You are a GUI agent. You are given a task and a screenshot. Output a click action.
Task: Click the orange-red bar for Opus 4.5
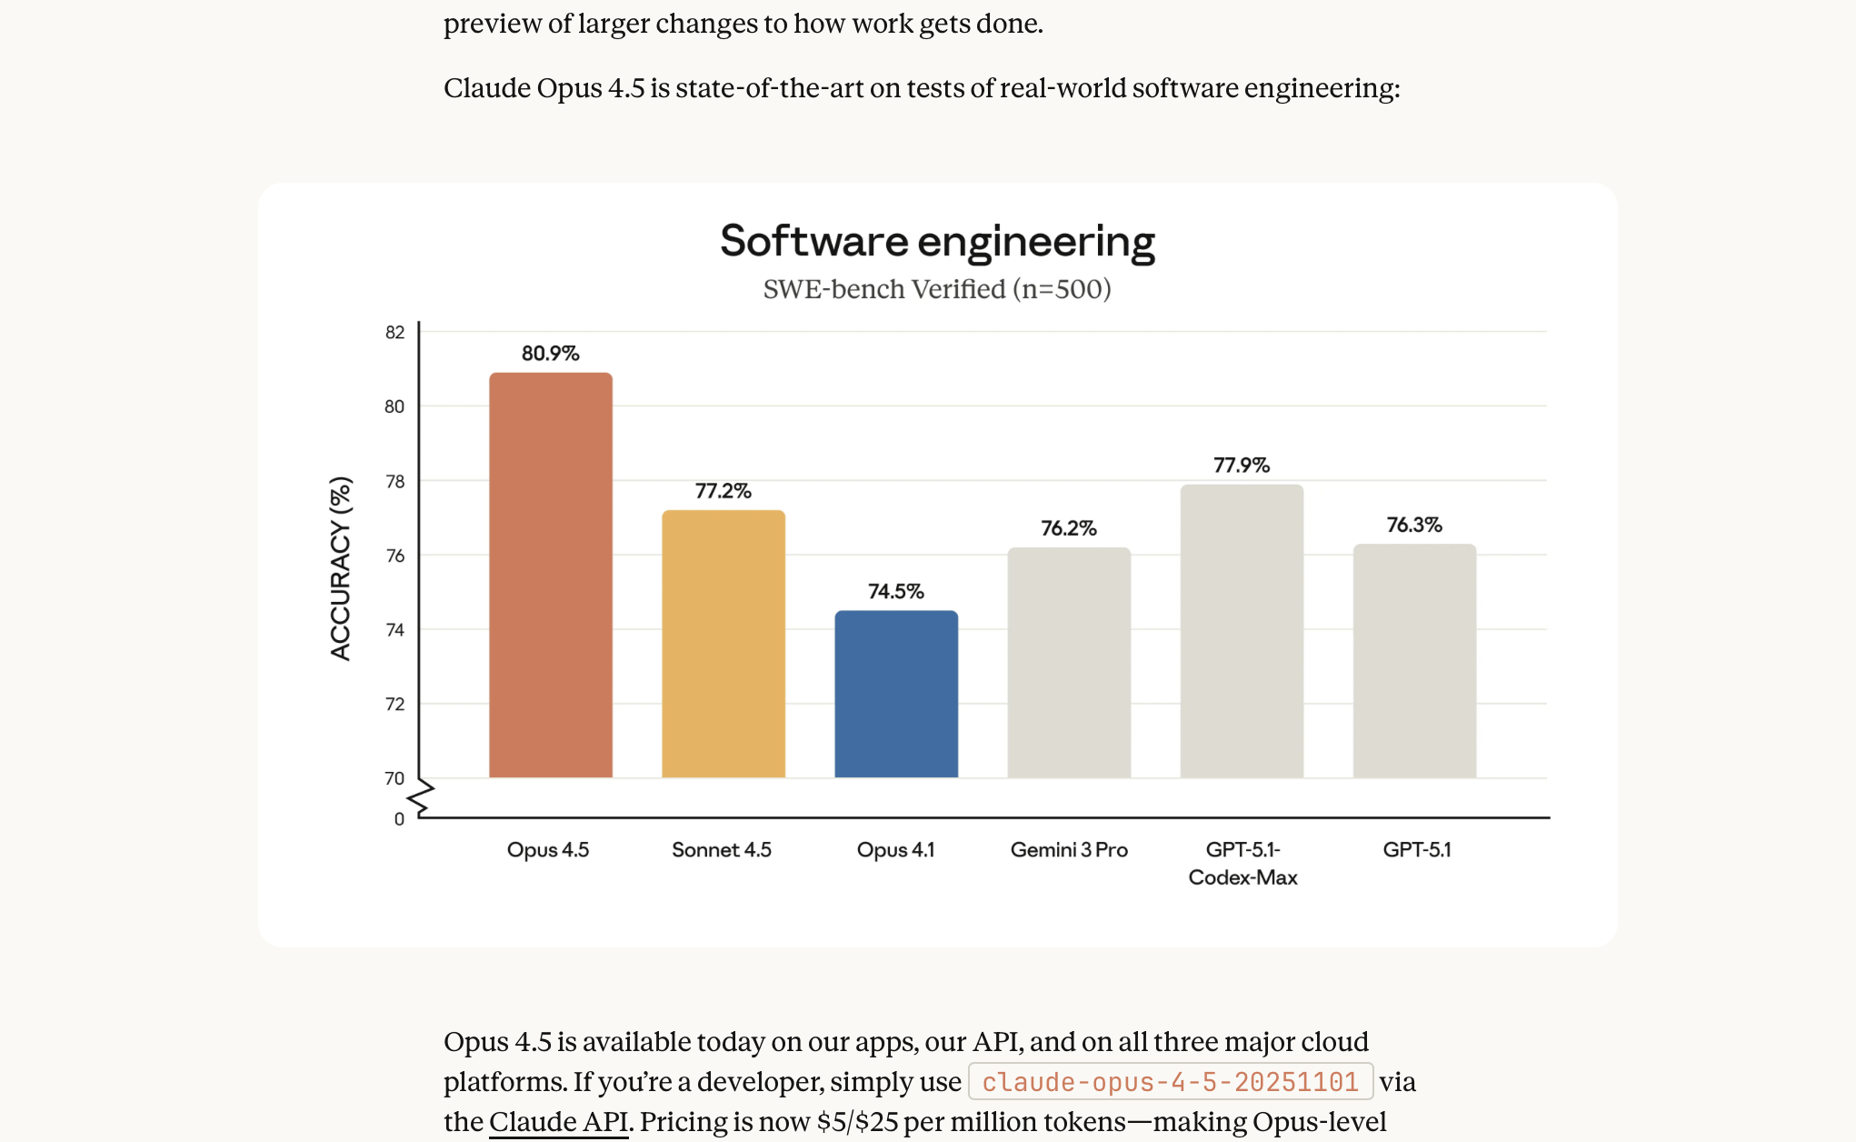pyautogui.click(x=551, y=575)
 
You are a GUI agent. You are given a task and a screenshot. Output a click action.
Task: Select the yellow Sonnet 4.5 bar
pyautogui.click(x=723, y=644)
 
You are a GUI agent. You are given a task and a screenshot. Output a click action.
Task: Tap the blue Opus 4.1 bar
pyautogui.click(x=896, y=694)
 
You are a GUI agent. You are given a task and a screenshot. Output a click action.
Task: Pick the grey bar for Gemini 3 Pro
pyautogui.click(x=1069, y=662)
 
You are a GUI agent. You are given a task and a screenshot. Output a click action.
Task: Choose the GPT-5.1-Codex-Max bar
pyautogui.click(x=1242, y=631)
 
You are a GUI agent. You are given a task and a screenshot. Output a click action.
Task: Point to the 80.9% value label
pyautogui.click(x=550, y=354)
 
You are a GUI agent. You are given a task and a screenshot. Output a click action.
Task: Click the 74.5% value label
pyautogui.click(x=896, y=592)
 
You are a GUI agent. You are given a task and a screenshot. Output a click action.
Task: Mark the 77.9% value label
pyautogui.click(x=1242, y=466)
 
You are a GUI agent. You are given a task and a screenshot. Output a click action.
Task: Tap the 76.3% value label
pyautogui.click(x=1414, y=525)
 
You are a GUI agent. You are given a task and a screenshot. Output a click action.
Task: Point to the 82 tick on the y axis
pyautogui.click(x=394, y=333)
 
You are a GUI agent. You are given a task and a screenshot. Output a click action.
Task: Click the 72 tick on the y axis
pyautogui.click(x=394, y=705)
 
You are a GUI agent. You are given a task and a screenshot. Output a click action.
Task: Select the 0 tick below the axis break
pyautogui.click(x=399, y=819)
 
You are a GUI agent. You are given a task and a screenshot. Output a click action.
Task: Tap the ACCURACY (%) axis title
pyautogui.click(x=340, y=568)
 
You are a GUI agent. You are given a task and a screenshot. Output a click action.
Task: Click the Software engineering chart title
pyautogui.click(x=937, y=242)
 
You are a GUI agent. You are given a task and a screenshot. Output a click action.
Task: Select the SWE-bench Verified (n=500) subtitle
pyautogui.click(x=937, y=289)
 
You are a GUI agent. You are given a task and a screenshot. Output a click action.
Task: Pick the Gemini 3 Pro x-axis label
pyautogui.click(x=1069, y=850)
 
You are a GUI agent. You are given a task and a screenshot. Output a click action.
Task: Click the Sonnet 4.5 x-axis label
pyautogui.click(x=722, y=850)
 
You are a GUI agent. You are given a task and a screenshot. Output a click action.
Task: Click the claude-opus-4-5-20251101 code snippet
pyautogui.click(x=1171, y=1082)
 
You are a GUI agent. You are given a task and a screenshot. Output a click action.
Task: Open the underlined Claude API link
pyautogui.click(x=558, y=1122)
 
